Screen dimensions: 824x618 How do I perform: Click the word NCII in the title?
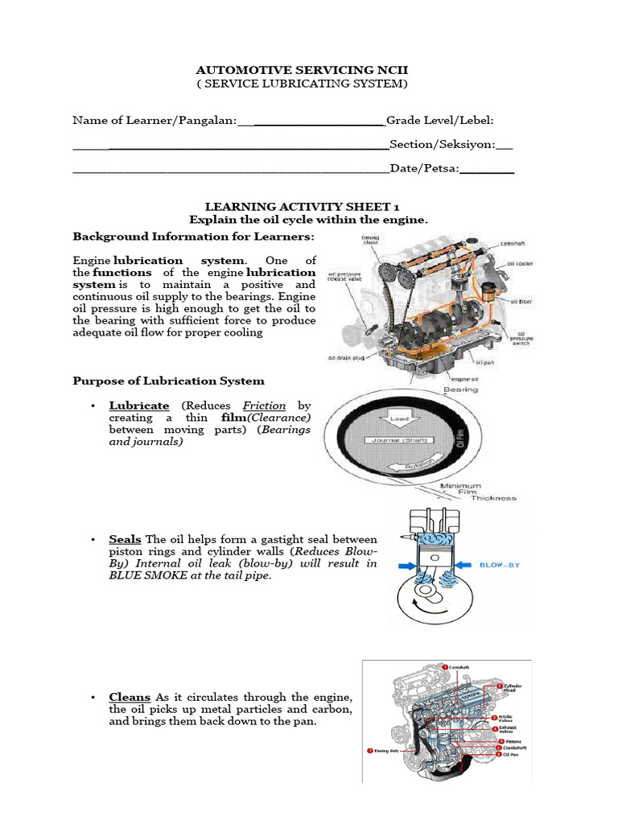point(389,71)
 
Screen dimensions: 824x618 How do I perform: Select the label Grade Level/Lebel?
point(440,121)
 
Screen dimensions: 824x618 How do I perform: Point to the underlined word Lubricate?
point(139,406)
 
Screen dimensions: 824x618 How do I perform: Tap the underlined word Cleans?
point(130,697)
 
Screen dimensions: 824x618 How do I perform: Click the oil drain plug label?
point(347,358)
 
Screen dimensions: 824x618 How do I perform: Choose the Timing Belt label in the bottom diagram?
point(387,750)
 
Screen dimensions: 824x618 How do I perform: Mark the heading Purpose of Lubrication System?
point(168,381)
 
